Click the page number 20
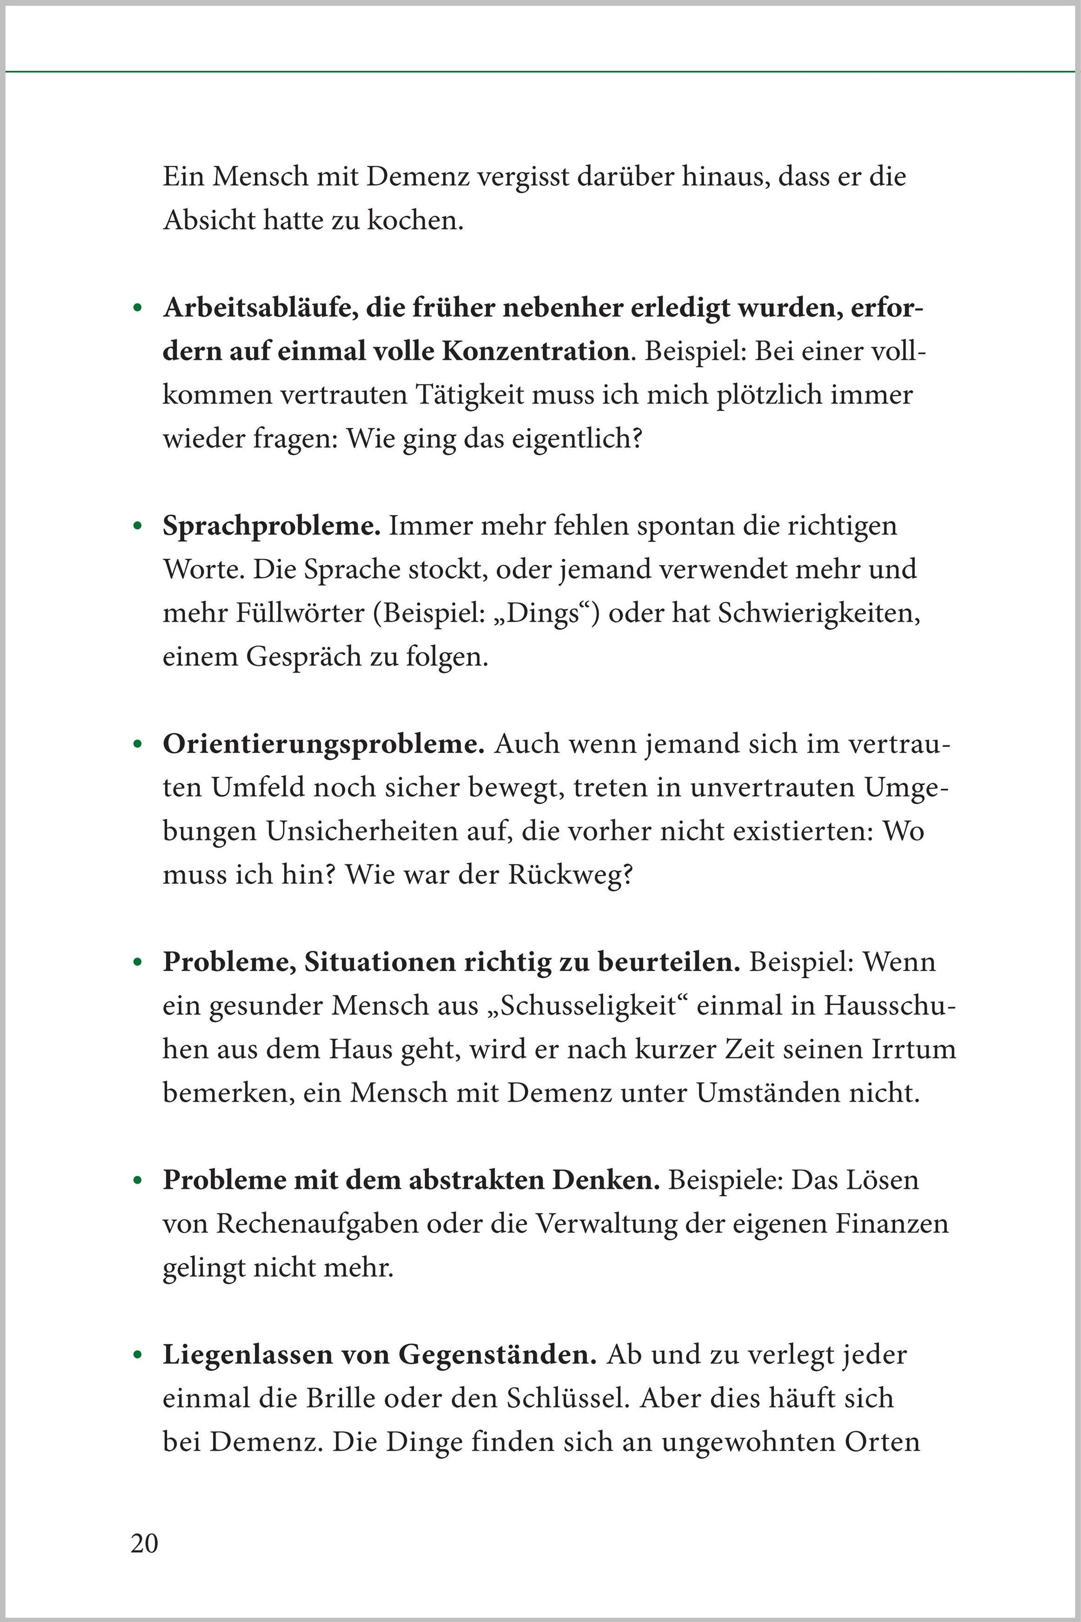click(x=144, y=1544)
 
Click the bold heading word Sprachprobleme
click(x=271, y=527)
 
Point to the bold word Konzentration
click(x=535, y=352)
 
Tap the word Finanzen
click(x=892, y=1224)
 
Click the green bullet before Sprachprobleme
click(x=138, y=527)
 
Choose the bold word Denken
click(x=606, y=1181)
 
